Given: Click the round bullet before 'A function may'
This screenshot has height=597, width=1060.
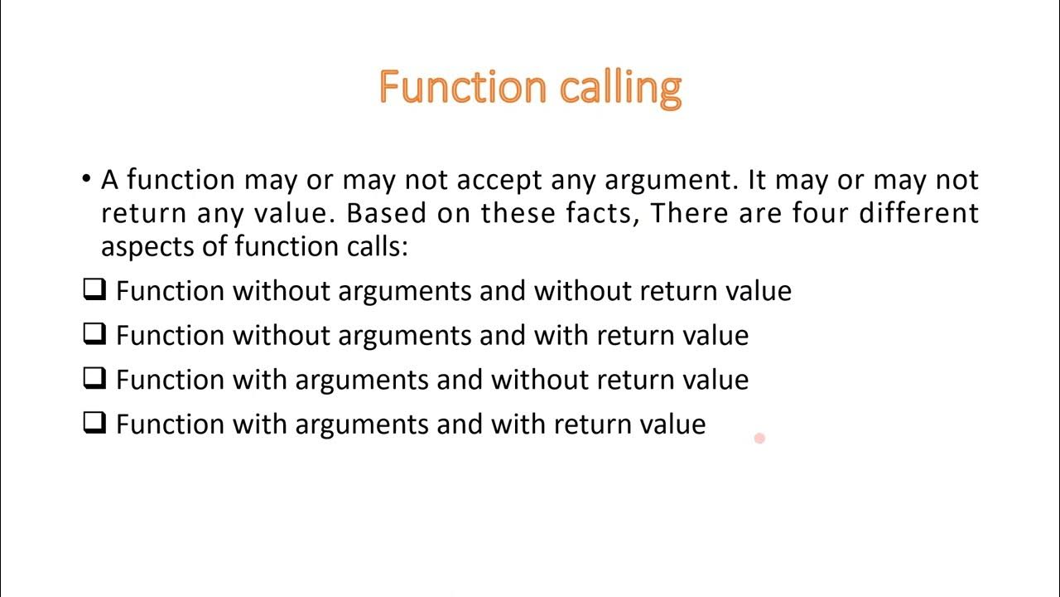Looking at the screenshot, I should (x=86, y=180).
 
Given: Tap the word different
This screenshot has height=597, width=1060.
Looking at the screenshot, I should (x=918, y=213).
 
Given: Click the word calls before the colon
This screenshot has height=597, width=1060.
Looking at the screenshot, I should (x=370, y=246).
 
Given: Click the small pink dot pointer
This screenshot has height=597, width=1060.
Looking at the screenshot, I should (x=759, y=438).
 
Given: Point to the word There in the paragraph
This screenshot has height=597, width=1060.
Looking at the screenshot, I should (x=684, y=213).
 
